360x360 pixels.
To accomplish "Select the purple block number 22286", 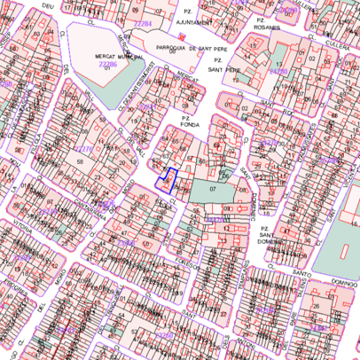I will [106, 65].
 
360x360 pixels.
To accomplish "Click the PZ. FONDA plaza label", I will [188, 121].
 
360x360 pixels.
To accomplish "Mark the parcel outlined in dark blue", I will [167, 180].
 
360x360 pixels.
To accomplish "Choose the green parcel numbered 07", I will [213, 189].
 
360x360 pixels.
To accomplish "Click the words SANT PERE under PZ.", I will [219, 68].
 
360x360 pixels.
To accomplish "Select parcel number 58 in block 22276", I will [80, 162].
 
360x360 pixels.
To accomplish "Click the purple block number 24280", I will [278, 69].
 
